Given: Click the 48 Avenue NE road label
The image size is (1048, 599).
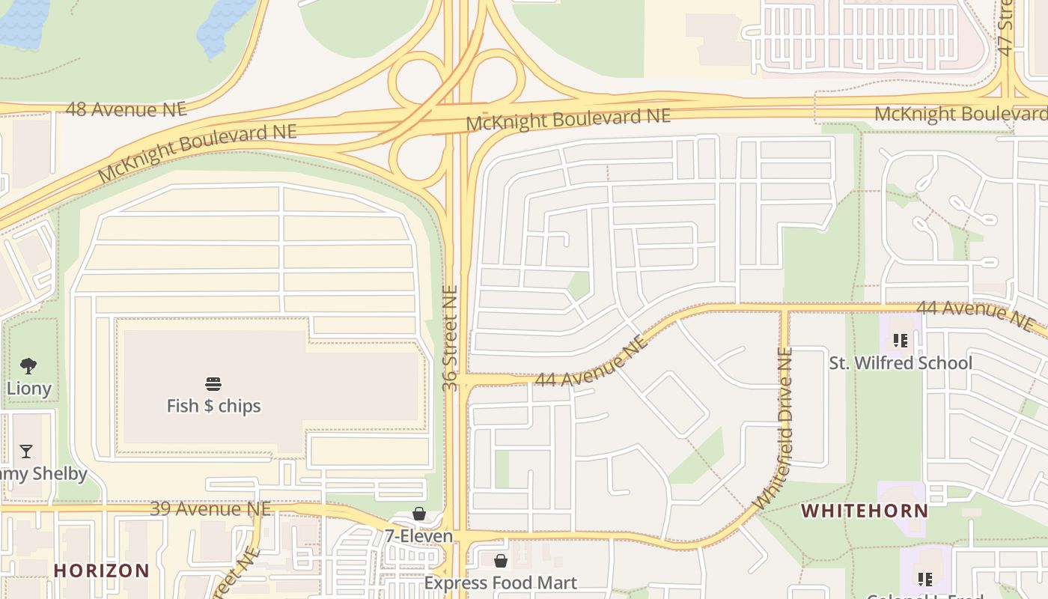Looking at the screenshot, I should (x=126, y=109).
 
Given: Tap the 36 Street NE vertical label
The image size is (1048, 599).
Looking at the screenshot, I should (x=450, y=338).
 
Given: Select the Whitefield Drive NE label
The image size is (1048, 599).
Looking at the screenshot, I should (x=775, y=428).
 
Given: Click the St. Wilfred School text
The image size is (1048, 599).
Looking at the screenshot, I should (x=901, y=363).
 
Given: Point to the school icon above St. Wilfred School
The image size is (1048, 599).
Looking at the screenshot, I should (x=901, y=341).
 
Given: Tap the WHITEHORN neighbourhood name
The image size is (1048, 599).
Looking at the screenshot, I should (x=865, y=511).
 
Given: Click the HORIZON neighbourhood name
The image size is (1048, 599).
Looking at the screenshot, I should (x=102, y=571).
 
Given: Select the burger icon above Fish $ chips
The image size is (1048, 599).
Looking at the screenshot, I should (x=213, y=385).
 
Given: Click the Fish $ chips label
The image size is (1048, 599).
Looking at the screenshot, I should (x=213, y=406).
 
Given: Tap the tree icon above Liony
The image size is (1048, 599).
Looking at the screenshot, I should (x=28, y=366).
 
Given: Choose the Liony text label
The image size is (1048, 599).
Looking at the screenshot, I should (x=28, y=389).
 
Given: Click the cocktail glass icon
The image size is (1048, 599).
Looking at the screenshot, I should (x=26, y=451).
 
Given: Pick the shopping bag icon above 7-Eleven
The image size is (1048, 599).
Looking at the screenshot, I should (x=419, y=514).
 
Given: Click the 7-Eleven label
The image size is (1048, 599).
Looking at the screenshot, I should (x=419, y=536).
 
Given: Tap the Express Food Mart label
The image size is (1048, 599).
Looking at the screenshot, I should (x=501, y=583).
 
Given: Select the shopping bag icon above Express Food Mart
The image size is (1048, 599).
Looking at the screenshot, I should (x=501, y=561).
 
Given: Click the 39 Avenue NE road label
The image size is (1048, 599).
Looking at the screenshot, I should (x=210, y=509).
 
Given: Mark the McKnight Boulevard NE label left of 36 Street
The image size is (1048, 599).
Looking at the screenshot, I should (x=198, y=153).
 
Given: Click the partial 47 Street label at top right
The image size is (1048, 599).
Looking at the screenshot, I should (x=1006, y=28).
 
